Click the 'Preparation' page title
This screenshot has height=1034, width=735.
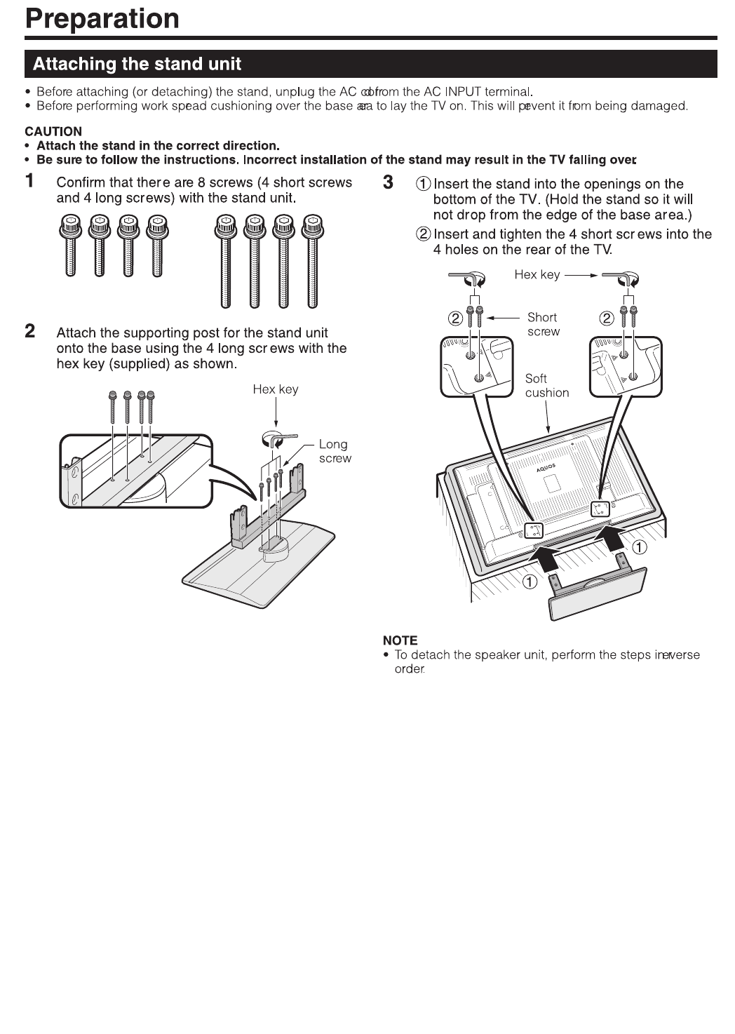102,18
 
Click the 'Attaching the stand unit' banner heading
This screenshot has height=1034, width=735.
137,64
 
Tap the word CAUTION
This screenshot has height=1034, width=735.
53,131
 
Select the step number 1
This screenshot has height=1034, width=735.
30,181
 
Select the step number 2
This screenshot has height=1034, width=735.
30,331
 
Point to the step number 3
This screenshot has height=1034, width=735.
389,182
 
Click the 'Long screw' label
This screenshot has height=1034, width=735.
335,451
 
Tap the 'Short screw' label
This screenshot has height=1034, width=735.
543,324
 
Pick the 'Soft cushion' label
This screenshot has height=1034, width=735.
546,385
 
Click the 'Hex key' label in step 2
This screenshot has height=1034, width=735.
275,389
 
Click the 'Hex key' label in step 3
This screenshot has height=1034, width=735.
537,274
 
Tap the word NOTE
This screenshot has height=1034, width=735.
400,640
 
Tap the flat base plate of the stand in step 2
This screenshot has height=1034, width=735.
259,568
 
